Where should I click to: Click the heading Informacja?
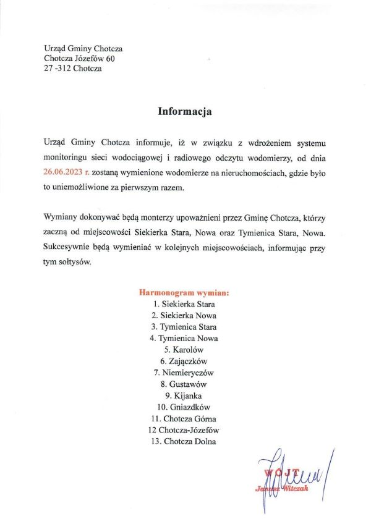(x=185, y=112)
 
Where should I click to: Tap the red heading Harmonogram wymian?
(x=184, y=292)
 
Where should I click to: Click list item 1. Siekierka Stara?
(x=184, y=303)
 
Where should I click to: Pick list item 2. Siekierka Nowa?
(x=184, y=315)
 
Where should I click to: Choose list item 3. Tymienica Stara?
(x=184, y=327)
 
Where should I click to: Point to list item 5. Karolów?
(x=184, y=350)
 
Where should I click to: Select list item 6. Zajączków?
(x=184, y=361)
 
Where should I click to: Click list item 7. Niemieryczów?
(x=184, y=373)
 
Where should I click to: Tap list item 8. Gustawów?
(x=184, y=384)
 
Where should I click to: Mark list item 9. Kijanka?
(x=184, y=395)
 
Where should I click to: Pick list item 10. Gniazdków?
(x=184, y=407)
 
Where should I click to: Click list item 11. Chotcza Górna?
(x=184, y=418)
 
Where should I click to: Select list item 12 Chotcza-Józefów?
(x=184, y=430)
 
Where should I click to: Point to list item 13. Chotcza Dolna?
(x=184, y=441)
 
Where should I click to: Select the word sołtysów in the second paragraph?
(x=74, y=262)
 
